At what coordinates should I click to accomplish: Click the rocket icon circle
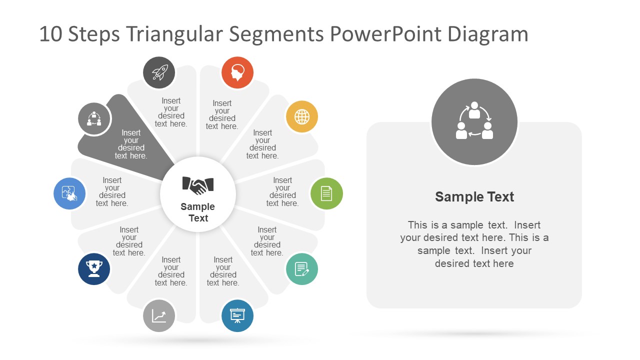click(159, 72)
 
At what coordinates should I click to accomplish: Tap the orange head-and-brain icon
click(237, 72)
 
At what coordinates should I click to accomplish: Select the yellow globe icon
click(302, 117)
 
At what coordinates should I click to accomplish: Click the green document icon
click(326, 193)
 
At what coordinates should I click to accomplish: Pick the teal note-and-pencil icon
click(302, 269)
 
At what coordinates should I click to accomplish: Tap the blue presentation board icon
click(237, 315)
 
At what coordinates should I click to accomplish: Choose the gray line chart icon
click(159, 315)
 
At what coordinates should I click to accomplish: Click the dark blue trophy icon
click(94, 269)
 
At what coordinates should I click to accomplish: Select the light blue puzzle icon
click(69, 193)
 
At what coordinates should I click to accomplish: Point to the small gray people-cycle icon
click(94, 119)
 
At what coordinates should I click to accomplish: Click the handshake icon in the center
click(198, 185)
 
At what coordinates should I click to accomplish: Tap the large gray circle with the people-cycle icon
click(474, 122)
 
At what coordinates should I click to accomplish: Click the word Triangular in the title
click(175, 34)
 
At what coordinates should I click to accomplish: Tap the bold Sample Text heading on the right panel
click(474, 197)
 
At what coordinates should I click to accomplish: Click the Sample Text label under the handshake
click(198, 212)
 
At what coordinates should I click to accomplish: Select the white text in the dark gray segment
click(131, 144)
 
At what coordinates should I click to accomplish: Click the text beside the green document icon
click(282, 192)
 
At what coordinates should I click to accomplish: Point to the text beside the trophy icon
click(129, 241)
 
